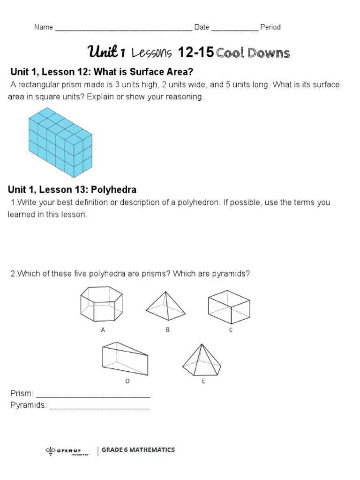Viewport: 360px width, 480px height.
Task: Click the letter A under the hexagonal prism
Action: pyautogui.click(x=103, y=330)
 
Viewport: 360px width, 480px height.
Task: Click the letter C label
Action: pyautogui.click(x=231, y=330)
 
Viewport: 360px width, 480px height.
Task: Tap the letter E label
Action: pyautogui.click(x=203, y=381)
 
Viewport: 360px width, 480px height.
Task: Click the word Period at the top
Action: pyautogui.click(x=270, y=27)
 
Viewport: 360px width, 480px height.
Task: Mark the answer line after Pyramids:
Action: pyautogui.click(x=99, y=406)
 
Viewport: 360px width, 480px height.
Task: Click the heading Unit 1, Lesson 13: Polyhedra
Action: pyautogui.click(x=72, y=190)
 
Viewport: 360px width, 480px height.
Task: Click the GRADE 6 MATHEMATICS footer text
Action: pyautogui.click(x=138, y=450)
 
